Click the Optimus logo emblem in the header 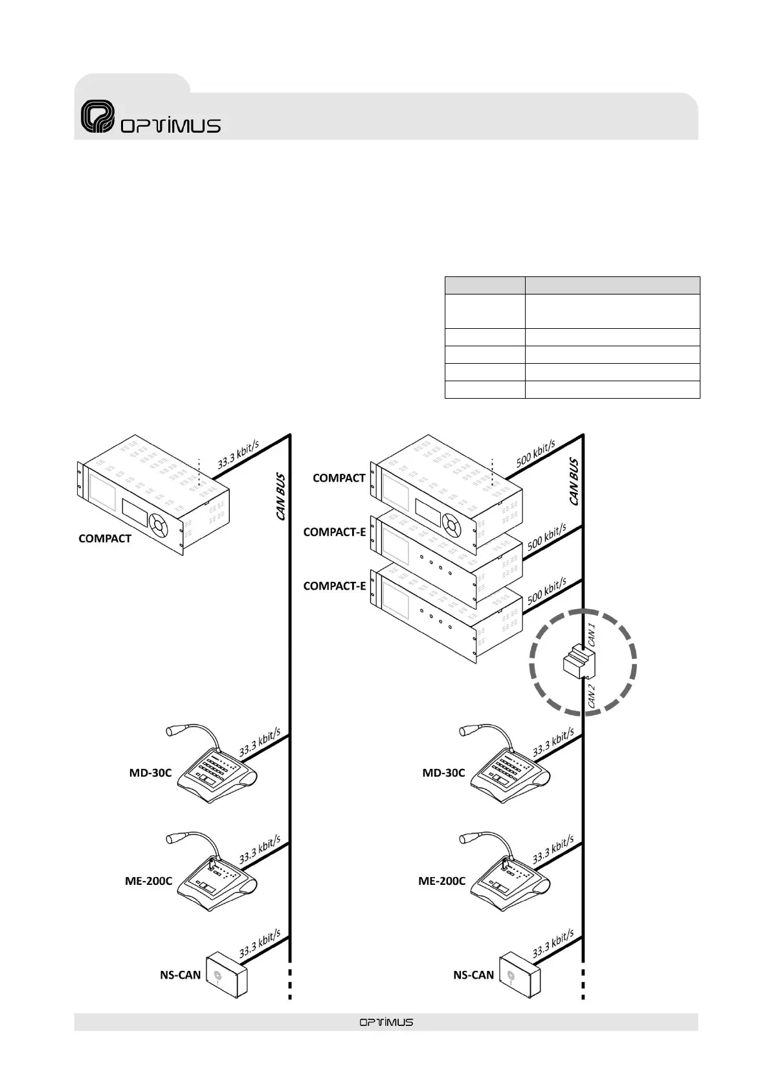click(97, 117)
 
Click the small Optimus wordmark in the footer click(386, 1022)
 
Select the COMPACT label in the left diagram click(105, 539)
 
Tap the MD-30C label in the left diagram click(150, 773)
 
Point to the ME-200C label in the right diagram click(441, 881)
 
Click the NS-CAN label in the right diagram click(473, 975)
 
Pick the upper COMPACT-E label click(335, 532)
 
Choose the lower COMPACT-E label click(335, 586)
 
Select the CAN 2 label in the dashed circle click(590, 696)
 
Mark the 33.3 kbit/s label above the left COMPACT click(238, 453)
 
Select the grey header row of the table click(572, 285)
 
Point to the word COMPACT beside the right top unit click(339, 478)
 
